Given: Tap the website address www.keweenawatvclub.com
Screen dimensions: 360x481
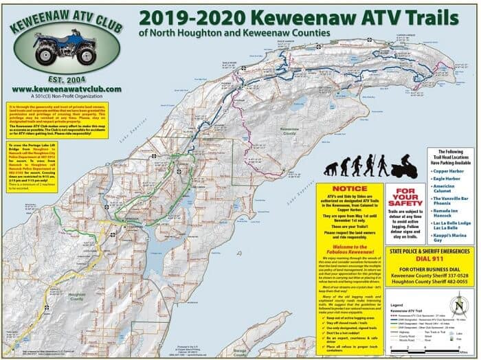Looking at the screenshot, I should tap(67, 89).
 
